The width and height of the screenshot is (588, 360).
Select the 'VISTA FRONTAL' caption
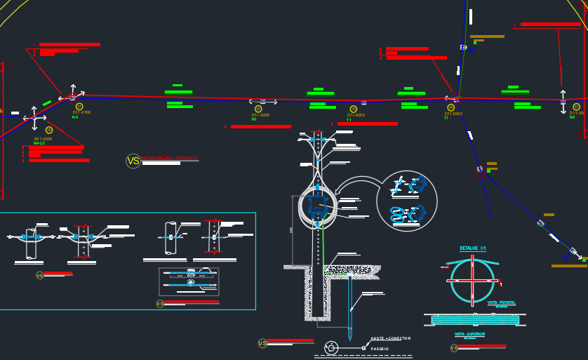(x=501, y=302)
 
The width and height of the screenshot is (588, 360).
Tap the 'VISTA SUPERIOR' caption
(x=469, y=334)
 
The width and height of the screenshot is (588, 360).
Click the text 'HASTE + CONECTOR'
(x=391, y=338)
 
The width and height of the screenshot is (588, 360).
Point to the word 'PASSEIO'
(x=380, y=348)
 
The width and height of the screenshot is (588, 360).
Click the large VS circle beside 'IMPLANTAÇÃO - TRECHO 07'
(x=133, y=161)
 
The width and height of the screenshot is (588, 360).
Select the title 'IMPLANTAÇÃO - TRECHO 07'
(x=170, y=159)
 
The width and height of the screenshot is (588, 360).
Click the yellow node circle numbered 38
(x=258, y=109)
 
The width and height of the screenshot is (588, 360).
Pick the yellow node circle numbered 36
(x=49, y=130)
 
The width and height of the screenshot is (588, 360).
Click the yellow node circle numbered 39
(x=354, y=109)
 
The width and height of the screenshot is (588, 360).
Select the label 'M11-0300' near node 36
(x=43, y=139)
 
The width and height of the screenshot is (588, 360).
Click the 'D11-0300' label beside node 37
(x=82, y=112)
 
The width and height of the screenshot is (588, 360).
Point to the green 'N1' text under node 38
(x=254, y=119)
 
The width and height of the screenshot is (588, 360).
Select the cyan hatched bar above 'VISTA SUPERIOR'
(x=474, y=319)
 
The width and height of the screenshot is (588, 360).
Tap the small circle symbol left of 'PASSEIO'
(x=331, y=347)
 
